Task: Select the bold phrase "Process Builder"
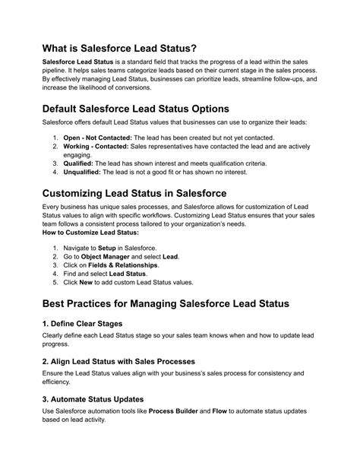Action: click(175, 411)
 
